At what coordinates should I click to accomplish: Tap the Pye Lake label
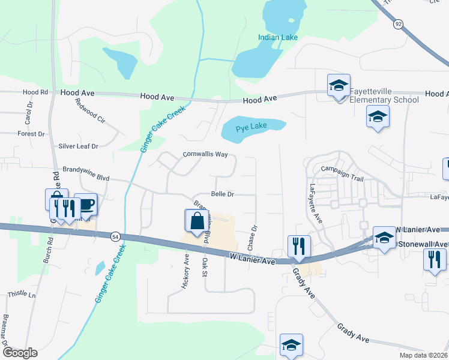coord(251,128)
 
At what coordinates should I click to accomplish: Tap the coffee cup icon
coord(86,205)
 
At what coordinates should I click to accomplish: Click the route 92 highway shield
coord(398,23)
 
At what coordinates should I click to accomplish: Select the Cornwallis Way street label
coord(205,154)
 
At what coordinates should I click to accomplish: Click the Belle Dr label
coord(222,194)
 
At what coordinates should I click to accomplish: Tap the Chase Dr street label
coord(252,238)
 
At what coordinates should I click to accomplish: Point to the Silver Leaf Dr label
coord(78,146)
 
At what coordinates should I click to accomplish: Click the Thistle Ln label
coord(22,295)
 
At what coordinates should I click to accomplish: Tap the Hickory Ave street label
coord(185,271)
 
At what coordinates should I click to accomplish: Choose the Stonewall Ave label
coord(423,244)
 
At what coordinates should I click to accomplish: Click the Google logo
coord(20,353)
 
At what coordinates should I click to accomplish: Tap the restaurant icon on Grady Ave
coord(297,247)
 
